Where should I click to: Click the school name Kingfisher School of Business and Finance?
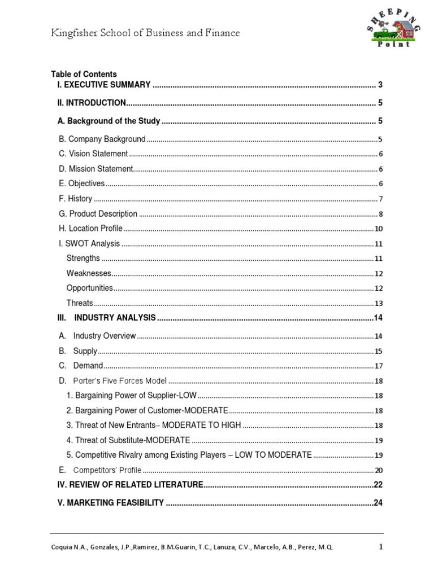[x=145, y=33]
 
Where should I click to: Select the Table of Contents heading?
[x=84, y=74]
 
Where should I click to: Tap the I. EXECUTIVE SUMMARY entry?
[x=104, y=85]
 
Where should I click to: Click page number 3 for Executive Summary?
[x=380, y=85]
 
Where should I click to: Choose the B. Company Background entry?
[x=102, y=139]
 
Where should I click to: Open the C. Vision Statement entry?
[x=93, y=154]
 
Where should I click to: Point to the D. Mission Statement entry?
[x=96, y=169]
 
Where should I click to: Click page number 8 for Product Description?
[x=380, y=214]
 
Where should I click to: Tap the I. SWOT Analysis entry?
[x=89, y=244]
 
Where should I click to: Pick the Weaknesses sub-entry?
[x=89, y=273]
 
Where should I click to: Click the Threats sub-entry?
[x=80, y=303]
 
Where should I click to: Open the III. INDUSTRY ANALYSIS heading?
[x=107, y=318]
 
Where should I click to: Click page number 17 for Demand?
[x=379, y=366]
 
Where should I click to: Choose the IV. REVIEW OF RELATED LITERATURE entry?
[x=130, y=485]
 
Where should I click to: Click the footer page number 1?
[x=380, y=546]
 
